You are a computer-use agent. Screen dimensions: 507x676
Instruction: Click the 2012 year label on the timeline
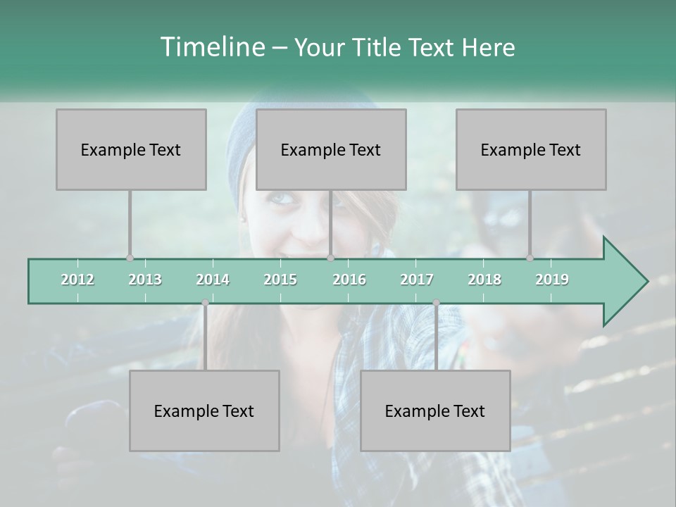(x=77, y=280)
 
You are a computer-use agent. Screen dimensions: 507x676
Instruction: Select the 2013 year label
(x=145, y=280)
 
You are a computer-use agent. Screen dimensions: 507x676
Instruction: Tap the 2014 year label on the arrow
(x=213, y=280)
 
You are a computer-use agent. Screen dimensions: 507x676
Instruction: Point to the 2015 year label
(x=280, y=280)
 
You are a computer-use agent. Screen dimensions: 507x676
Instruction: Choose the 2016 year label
(x=349, y=280)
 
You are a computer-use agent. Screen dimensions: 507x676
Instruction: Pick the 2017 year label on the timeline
(x=417, y=280)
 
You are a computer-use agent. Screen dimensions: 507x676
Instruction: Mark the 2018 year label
(x=484, y=280)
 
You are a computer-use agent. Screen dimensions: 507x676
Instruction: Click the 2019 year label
(x=552, y=280)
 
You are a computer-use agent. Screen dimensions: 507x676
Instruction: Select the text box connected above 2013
(x=131, y=149)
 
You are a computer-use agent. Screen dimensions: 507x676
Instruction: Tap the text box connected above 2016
(x=331, y=149)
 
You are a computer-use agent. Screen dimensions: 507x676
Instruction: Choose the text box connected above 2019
(x=531, y=149)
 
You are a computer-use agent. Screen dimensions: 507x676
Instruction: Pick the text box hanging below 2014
(x=204, y=411)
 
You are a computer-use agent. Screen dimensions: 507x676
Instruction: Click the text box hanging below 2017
(x=435, y=411)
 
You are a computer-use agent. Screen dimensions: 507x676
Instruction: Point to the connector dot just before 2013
(x=130, y=258)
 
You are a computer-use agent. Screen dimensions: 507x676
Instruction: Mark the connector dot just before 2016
(x=330, y=258)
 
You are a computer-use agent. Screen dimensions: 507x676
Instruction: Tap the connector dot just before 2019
(x=530, y=258)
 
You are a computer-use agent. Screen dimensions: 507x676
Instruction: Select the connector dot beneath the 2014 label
(x=205, y=303)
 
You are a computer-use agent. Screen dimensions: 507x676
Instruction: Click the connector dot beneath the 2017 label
(x=436, y=303)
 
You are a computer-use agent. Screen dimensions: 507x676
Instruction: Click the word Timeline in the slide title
(x=211, y=47)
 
